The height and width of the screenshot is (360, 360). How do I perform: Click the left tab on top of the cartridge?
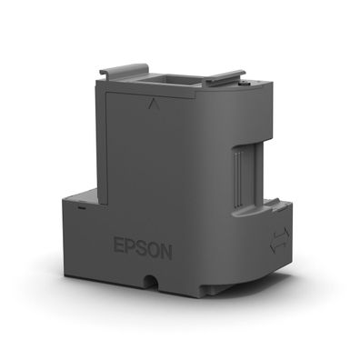tap(126, 72)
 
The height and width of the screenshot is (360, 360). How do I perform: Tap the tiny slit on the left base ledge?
tap(80, 208)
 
